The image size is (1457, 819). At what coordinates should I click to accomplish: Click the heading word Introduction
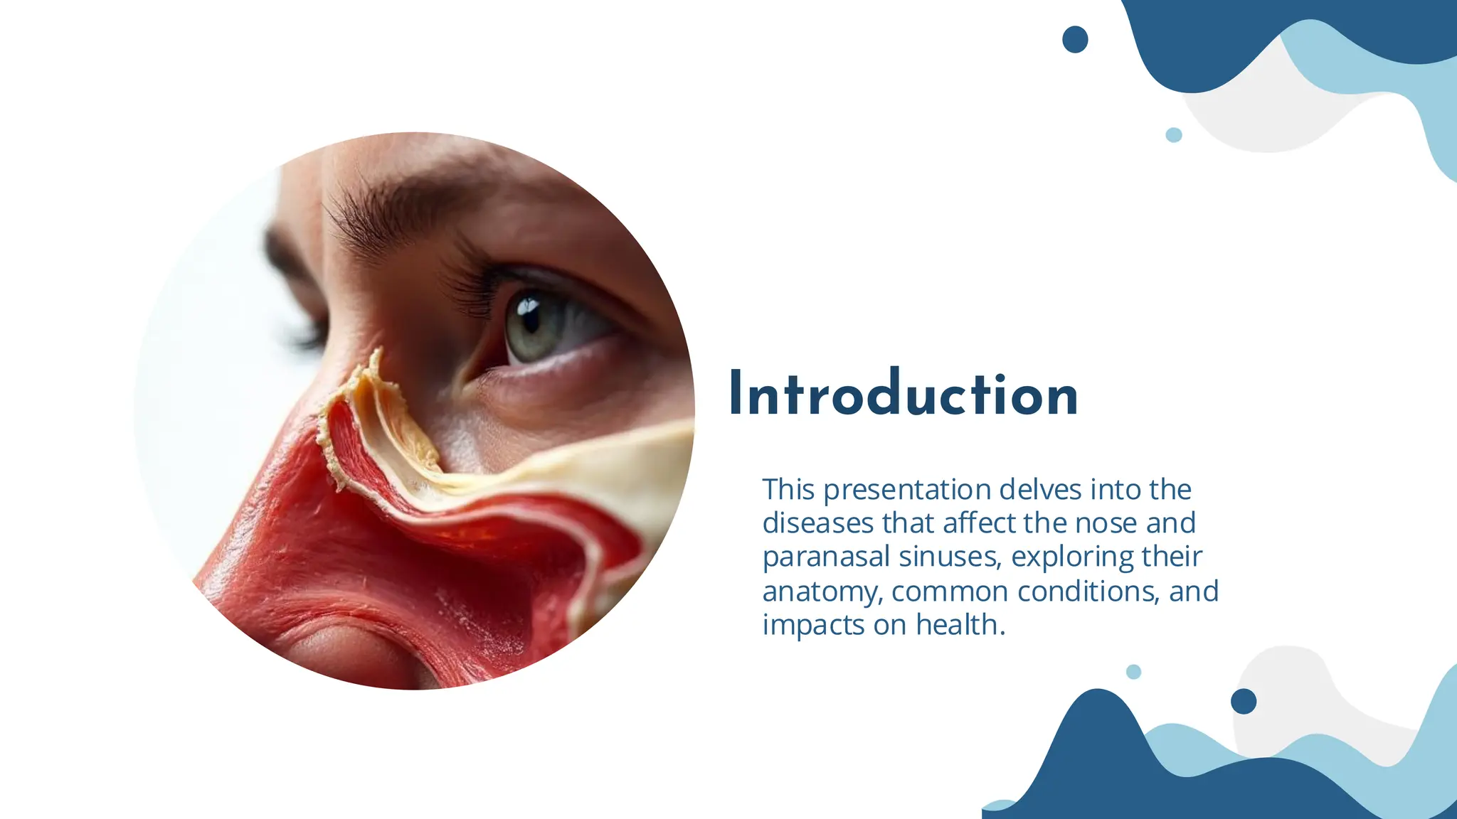click(904, 394)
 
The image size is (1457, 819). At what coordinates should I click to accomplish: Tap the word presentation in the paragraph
click(907, 490)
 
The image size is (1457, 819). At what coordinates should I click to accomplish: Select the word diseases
click(818, 523)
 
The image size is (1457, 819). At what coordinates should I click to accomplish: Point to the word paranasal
click(826, 557)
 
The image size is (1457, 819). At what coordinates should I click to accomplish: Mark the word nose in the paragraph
click(1106, 523)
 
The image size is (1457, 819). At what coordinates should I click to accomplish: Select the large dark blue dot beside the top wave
click(1075, 39)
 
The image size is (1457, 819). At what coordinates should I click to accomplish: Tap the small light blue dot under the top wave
click(1174, 135)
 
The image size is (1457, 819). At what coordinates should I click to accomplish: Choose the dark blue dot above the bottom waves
click(1244, 701)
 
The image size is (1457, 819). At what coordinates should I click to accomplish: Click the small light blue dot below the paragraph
click(1134, 672)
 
